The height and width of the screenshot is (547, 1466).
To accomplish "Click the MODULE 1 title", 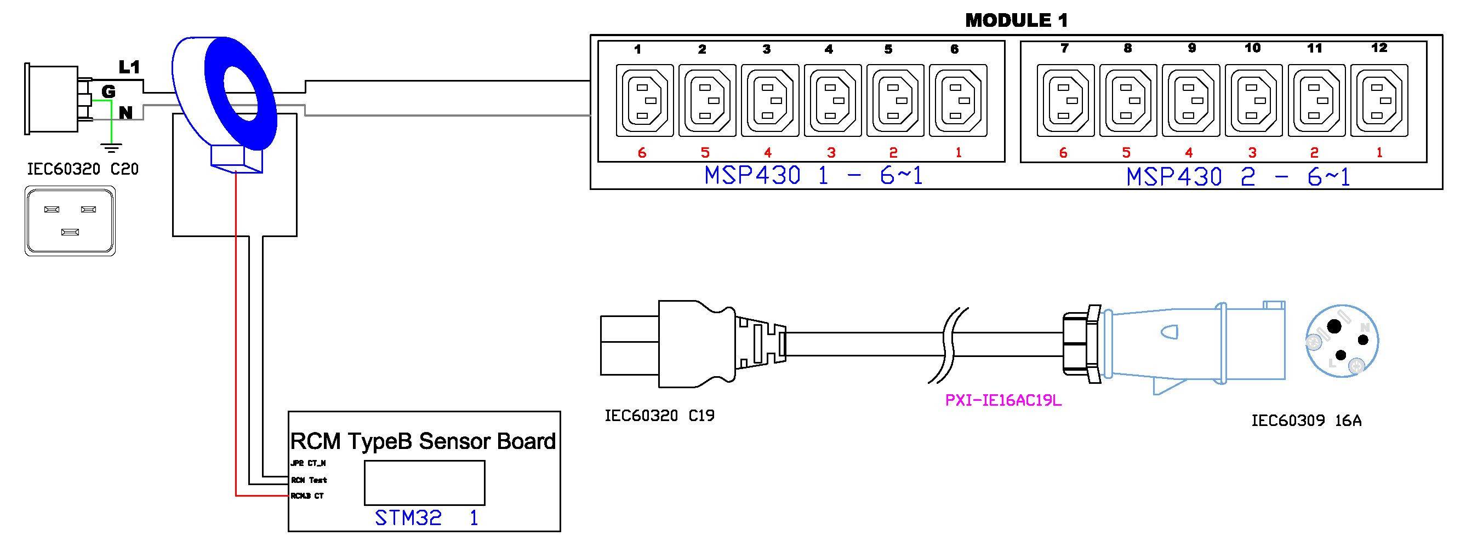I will point(1016,20).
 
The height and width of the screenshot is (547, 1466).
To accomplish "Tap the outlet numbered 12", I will point(1378,101).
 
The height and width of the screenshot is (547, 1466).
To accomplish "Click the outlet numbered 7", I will point(1065,101).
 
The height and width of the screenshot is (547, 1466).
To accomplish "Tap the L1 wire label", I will point(129,67).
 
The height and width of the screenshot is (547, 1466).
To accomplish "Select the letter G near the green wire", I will point(108,91).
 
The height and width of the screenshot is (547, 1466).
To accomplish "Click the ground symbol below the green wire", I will point(111,148).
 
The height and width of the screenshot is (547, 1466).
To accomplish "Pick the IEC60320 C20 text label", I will point(83,169).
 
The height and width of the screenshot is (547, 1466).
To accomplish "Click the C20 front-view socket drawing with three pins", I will point(70,221).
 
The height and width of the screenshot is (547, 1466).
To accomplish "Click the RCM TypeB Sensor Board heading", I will point(423,441).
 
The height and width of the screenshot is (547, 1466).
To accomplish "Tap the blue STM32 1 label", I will point(426,518).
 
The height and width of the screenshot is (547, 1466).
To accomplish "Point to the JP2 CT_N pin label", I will point(308,463).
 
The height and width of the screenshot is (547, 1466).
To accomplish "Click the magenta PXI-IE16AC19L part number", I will point(1003,401).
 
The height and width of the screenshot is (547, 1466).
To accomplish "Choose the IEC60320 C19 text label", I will point(659,416).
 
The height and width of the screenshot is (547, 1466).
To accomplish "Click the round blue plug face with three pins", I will point(1342,341).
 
